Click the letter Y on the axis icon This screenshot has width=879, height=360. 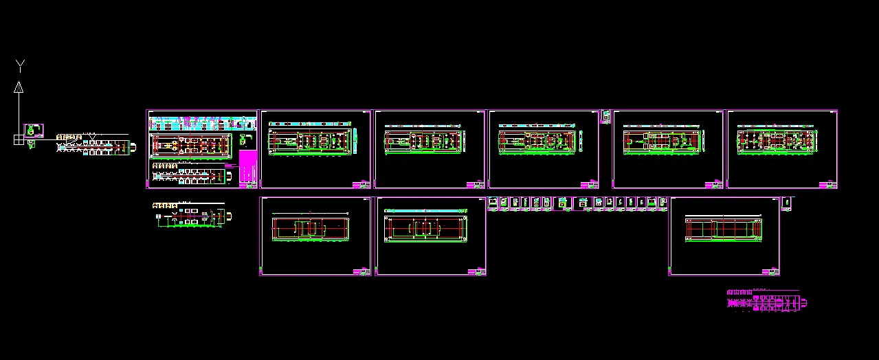21,66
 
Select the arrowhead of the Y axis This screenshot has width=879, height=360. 19,87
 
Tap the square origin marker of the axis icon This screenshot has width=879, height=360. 18,139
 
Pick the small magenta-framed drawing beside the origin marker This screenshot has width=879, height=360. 34,131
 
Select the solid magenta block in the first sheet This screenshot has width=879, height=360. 247,168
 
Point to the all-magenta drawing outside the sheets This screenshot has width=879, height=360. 766,302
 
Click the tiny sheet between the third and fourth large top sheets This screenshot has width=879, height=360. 605,116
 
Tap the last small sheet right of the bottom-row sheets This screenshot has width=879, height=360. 787,203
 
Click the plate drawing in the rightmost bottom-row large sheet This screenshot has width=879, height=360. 724,229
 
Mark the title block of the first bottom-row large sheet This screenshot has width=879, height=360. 361,272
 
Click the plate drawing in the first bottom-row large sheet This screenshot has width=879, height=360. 311,228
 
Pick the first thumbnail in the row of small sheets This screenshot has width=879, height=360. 493,203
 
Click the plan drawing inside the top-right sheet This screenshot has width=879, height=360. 777,140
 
